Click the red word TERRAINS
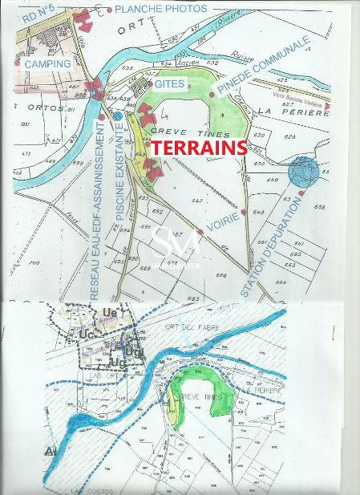coord(199,148)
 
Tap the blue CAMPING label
coord(47,63)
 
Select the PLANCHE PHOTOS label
coord(160,9)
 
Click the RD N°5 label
coord(39,14)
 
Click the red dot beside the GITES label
coord(150,84)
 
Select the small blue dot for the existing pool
coord(118,116)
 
